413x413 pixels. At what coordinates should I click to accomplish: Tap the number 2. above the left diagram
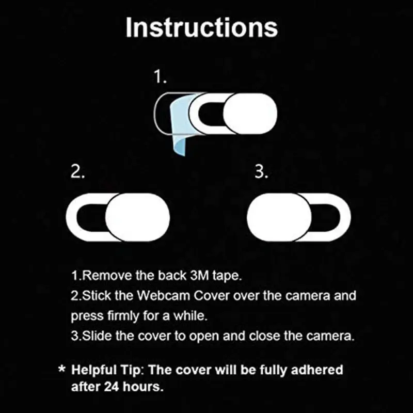(x=78, y=172)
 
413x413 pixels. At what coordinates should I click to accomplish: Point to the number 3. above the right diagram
(x=262, y=172)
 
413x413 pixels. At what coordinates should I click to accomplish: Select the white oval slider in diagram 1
(x=249, y=113)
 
